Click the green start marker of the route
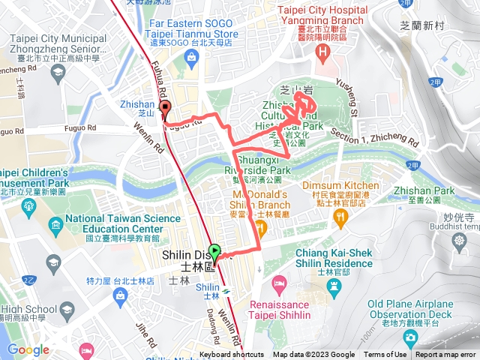click(215, 253)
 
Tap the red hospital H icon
click(323, 52)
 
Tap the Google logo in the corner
click(28, 349)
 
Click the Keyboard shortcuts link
click(232, 355)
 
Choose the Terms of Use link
click(385, 355)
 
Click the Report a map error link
click(446, 355)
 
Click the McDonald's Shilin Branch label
click(258, 202)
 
